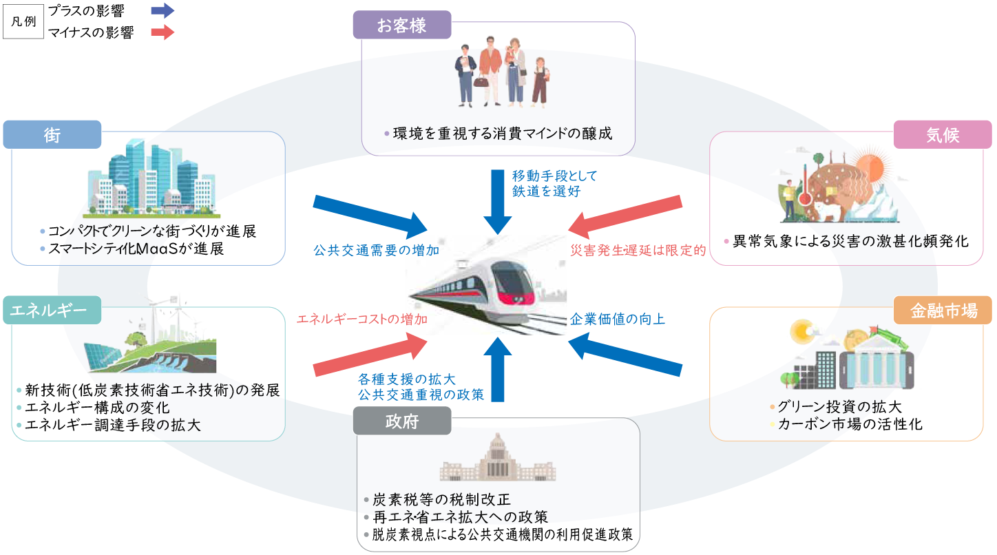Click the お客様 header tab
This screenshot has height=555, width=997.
[x=401, y=25]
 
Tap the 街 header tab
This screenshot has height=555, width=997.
[x=52, y=135]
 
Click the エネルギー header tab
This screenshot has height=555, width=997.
[x=52, y=311]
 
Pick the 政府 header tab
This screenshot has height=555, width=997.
[x=401, y=421]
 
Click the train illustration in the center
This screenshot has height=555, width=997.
[x=486, y=286]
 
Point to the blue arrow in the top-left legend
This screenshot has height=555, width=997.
[x=162, y=10]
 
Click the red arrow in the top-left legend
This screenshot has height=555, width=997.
[x=162, y=32]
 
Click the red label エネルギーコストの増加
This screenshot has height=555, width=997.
[x=361, y=320]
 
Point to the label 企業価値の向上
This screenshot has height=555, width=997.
[x=618, y=320]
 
